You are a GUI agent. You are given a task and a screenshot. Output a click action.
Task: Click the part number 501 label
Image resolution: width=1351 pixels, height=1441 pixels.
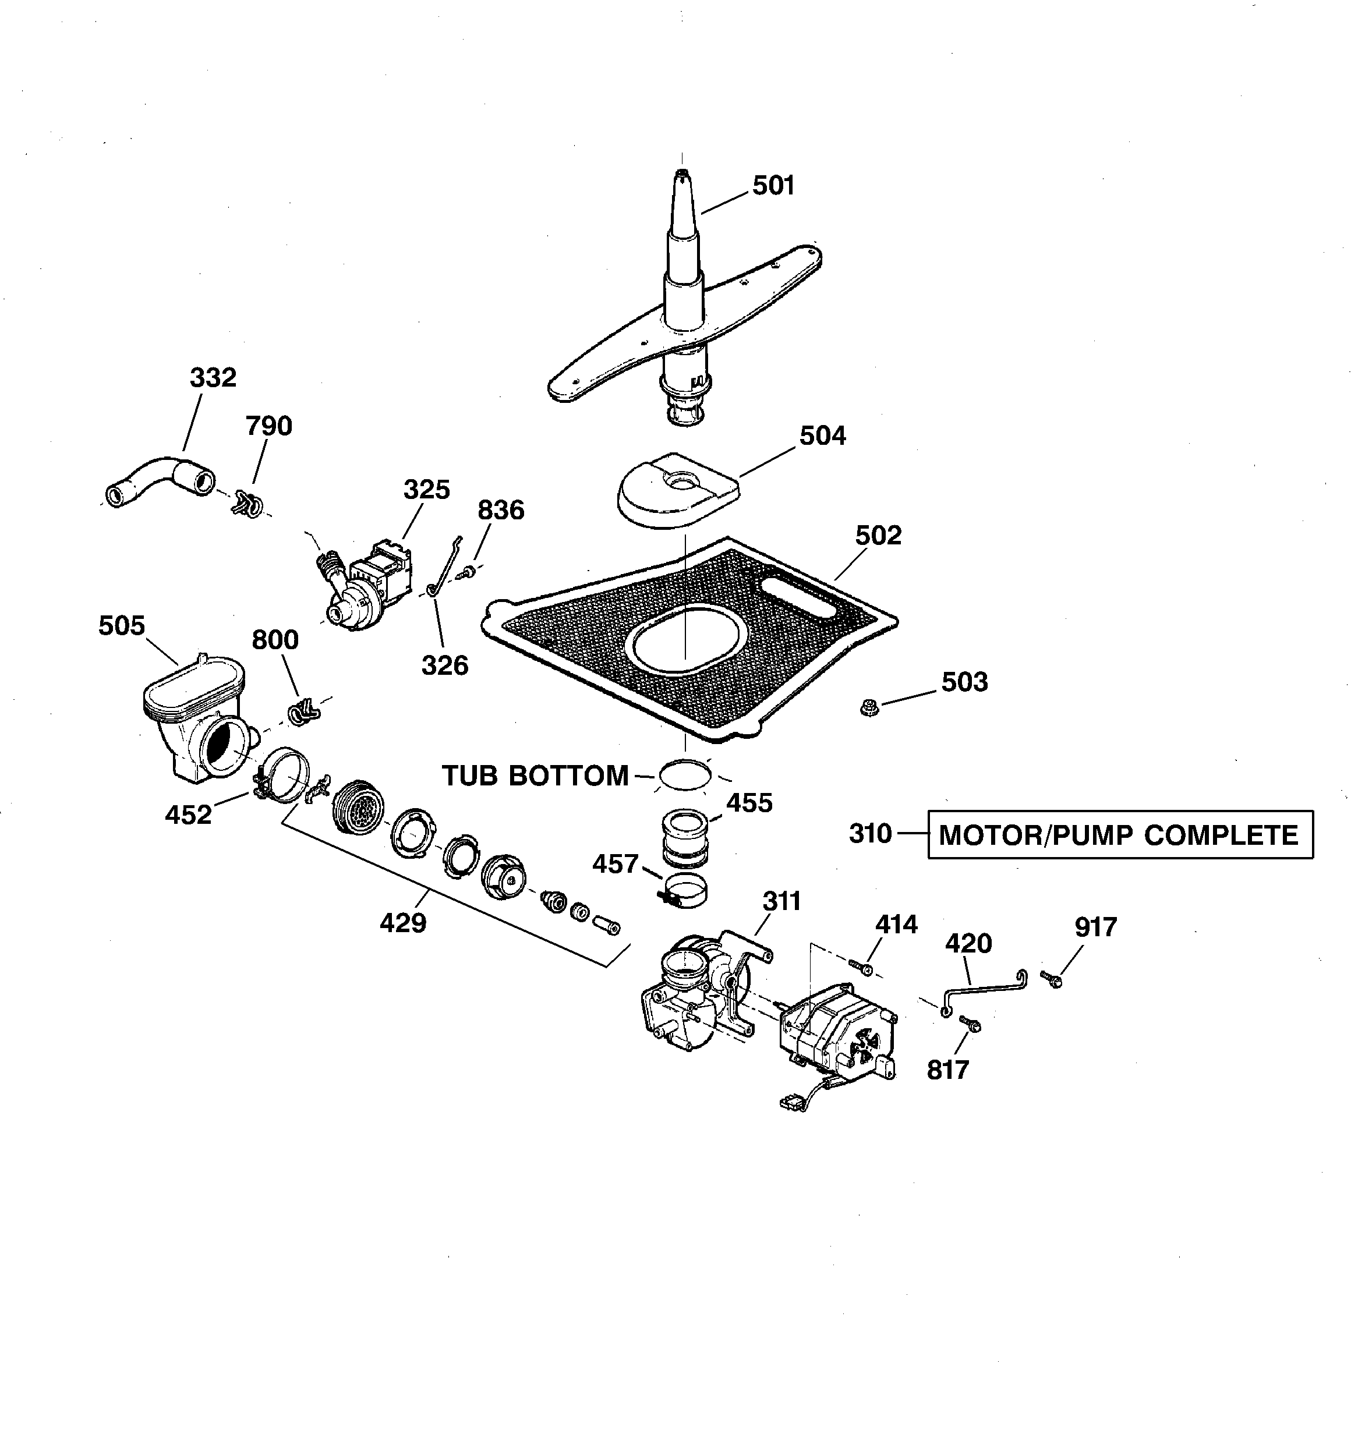click(773, 186)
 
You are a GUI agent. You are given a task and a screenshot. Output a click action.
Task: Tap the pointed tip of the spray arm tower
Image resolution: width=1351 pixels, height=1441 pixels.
click(682, 174)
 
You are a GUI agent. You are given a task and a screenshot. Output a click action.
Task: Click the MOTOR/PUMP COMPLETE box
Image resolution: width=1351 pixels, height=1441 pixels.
click(1120, 835)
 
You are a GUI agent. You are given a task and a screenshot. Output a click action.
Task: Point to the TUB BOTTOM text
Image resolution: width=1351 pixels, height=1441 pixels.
click(535, 776)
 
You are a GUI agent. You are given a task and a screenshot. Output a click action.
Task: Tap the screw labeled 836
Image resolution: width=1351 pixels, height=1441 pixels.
click(468, 573)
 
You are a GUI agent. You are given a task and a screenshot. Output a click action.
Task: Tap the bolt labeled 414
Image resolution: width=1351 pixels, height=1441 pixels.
click(860, 967)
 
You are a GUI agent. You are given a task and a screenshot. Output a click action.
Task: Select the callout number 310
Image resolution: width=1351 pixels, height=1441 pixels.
click(870, 834)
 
